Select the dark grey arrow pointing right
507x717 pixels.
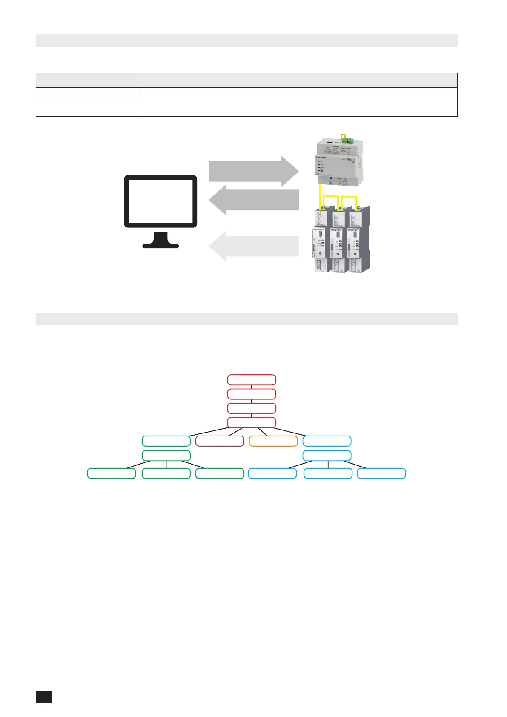[x=253, y=171]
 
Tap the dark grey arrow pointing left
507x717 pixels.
[x=254, y=200]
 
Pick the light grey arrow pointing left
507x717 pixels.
[x=254, y=246]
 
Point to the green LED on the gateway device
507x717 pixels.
[x=319, y=162]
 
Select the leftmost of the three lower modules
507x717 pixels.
[x=321, y=241]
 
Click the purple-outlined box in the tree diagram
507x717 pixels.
[x=220, y=441]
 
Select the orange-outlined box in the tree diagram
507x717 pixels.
[x=273, y=441]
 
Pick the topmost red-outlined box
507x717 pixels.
[x=252, y=380]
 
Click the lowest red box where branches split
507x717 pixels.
[x=252, y=422]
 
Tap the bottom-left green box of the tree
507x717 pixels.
[x=112, y=473]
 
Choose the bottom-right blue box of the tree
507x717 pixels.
[x=381, y=473]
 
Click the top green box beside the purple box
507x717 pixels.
[x=166, y=441]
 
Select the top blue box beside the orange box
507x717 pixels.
[x=327, y=441]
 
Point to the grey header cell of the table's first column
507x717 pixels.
[x=88, y=80]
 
